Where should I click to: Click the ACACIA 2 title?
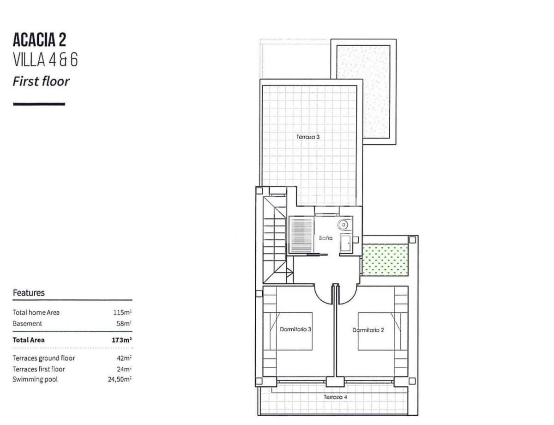point(40,40)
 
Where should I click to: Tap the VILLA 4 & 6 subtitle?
point(45,60)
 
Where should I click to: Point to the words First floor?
point(41,82)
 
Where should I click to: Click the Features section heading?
point(29,292)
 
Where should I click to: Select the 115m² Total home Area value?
point(122,312)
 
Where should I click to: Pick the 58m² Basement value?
point(124,323)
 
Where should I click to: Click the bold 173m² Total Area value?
point(122,340)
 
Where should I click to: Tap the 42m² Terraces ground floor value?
point(124,358)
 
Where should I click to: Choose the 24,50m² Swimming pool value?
point(120,379)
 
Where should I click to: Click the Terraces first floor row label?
point(39,369)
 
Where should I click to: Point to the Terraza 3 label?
point(308,137)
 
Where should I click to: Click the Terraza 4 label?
point(335,397)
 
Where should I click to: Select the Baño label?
point(325,238)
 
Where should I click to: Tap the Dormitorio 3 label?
point(295,329)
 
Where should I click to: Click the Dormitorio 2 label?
point(368,330)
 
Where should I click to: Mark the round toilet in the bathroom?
point(343,225)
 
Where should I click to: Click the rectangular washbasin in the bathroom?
point(346,243)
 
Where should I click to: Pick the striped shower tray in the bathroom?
point(301,235)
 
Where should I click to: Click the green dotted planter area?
point(385,260)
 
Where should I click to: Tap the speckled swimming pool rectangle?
point(363,91)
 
